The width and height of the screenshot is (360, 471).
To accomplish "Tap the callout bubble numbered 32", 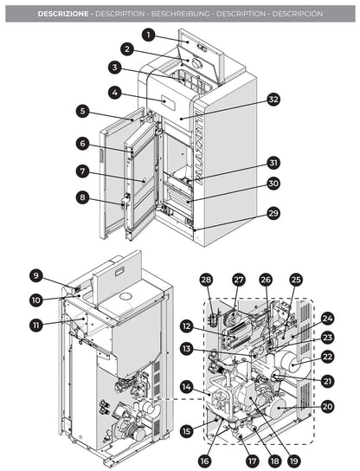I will [273, 100].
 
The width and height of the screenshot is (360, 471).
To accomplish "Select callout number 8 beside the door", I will [81, 197].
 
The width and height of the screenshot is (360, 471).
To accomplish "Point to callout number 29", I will [273, 236].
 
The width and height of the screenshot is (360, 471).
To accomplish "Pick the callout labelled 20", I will [327, 406].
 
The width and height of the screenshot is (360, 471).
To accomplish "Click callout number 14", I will [185, 386].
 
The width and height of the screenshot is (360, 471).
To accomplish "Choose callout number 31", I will [273, 162].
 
